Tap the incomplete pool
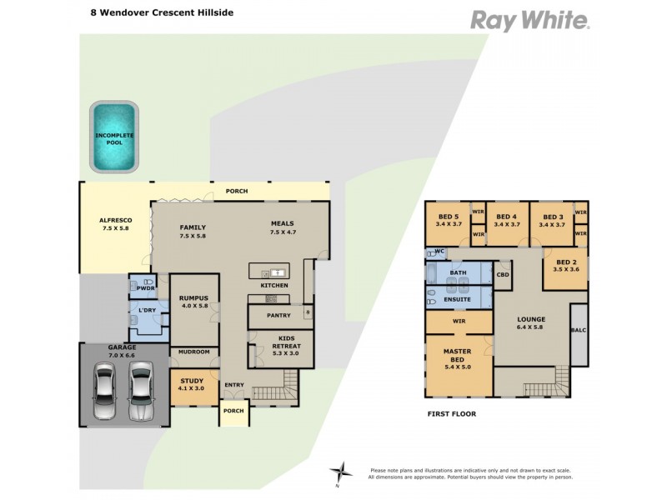click(114, 137)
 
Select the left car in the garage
click(105, 392)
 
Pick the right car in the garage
click(141, 392)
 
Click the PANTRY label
click(278, 316)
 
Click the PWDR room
click(143, 287)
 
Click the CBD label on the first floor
click(503, 274)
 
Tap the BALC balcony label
click(578, 331)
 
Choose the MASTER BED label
click(457, 357)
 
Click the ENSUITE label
click(458, 299)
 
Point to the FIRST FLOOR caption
click(451, 412)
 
